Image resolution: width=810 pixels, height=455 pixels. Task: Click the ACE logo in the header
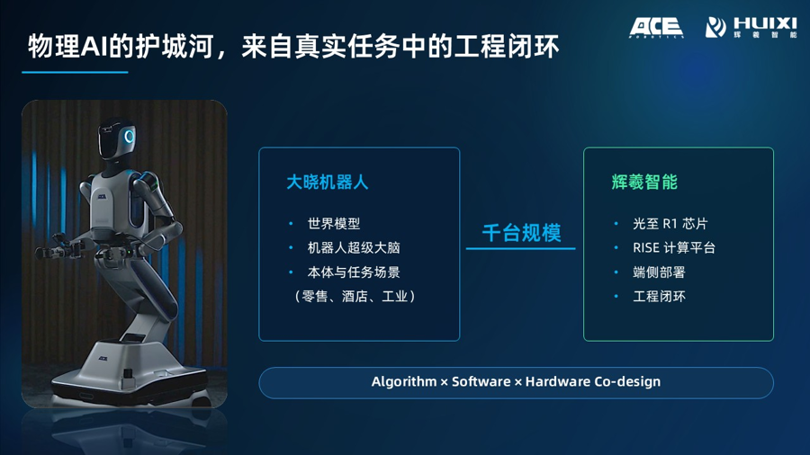[x=656, y=27]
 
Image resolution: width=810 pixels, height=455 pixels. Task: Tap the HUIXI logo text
[x=765, y=23]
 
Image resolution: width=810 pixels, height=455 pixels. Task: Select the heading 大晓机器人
[x=327, y=183]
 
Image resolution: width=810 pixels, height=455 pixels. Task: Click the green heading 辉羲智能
[x=644, y=183]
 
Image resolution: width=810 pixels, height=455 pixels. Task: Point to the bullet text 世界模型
[x=334, y=223]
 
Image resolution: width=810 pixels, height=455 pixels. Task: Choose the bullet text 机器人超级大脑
[x=354, y=247]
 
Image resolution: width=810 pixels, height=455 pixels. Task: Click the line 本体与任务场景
[x=354, y=272]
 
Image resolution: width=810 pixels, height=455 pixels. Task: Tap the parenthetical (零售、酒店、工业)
[x=355, y=297]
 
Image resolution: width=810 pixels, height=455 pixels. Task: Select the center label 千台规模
[x=521, y=233]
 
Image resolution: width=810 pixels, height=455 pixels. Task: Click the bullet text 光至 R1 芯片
[x=670, y=223]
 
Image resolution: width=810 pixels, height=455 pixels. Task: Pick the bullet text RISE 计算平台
[x=674, y=247]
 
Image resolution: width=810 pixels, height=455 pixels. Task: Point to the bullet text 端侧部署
[x=659, y=272]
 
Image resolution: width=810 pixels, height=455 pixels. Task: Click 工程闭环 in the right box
[x=659, y=297]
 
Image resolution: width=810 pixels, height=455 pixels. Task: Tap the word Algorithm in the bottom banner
[x=404, y=382]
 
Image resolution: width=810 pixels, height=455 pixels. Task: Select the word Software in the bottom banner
[x=481, y=382]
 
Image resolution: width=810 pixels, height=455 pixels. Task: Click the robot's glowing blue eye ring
[x=129, y=136]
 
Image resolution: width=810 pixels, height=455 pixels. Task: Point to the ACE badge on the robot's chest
[x=102, y=196]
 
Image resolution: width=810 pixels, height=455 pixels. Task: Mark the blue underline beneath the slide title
[x=75, y=72]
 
